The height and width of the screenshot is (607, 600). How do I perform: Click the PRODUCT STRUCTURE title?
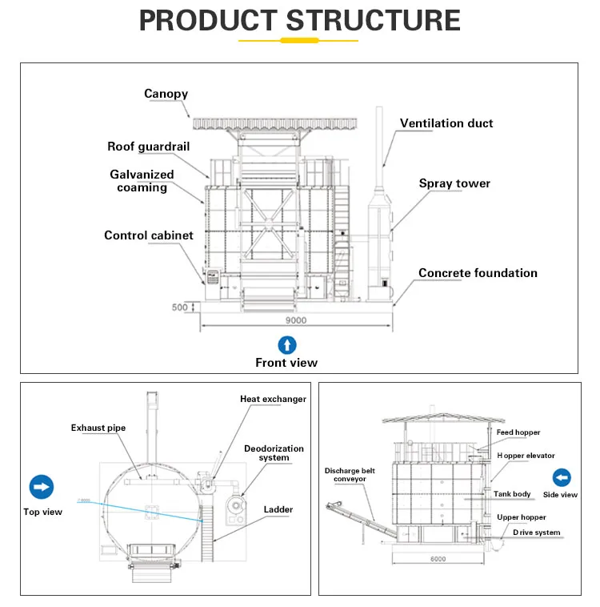pos(299,20)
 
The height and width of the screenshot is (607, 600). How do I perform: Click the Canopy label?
pos(166,94)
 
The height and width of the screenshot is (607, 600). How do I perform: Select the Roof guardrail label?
pos(150,147)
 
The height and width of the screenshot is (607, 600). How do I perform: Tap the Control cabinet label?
pos(149,235)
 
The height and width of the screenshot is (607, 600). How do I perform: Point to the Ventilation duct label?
pos(446,123)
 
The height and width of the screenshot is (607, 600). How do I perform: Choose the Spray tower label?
pos(454,183)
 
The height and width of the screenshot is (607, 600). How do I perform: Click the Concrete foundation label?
pos(478,273)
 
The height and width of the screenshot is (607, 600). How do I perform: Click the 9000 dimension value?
pos(296,320)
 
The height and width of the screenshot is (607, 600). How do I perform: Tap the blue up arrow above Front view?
pos(286,345)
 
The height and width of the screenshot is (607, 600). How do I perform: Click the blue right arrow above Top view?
pos(42,487)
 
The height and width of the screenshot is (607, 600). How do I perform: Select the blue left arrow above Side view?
pos(562,478)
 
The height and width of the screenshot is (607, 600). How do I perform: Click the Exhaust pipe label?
pos(98,428)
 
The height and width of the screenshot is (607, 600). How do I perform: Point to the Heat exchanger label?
pos(273,399)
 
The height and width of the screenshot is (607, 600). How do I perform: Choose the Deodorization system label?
pos(274,453)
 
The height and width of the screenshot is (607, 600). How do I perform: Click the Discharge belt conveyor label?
pos(346,474)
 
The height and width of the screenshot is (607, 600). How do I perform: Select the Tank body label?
pos(512,494)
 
